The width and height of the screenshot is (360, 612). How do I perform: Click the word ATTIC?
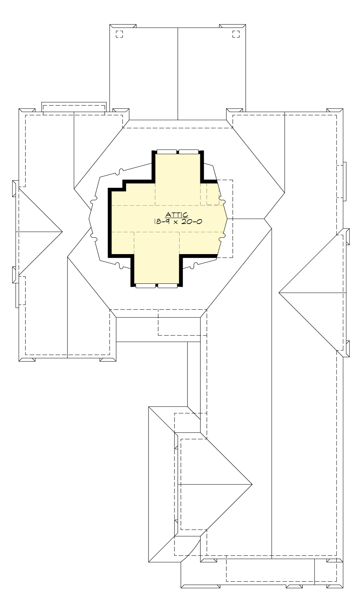(x=177, y=215)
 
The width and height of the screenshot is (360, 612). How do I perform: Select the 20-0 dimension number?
(x=193, y=222)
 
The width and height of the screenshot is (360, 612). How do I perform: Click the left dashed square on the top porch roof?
(x=119, y=34)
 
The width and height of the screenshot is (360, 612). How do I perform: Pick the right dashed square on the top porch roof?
(x=236, y=34)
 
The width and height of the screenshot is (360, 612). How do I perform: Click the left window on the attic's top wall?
(x=167, y=152)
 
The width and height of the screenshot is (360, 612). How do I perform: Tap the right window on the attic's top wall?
(x=189, y=152)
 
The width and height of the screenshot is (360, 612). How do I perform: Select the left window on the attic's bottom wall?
(x=145, y=286)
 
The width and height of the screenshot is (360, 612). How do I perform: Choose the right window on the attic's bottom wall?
(x=167, y=286)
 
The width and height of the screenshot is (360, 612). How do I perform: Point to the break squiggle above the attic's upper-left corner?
(x=121, y=172)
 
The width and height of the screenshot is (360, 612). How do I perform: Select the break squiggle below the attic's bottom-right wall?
(x=195, y=265)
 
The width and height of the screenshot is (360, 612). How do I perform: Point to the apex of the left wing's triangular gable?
(x=62, y=232)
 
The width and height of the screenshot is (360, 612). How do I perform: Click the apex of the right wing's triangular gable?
(x=279, y=292)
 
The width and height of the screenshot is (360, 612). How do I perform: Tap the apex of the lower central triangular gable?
(x=252, y=484)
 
